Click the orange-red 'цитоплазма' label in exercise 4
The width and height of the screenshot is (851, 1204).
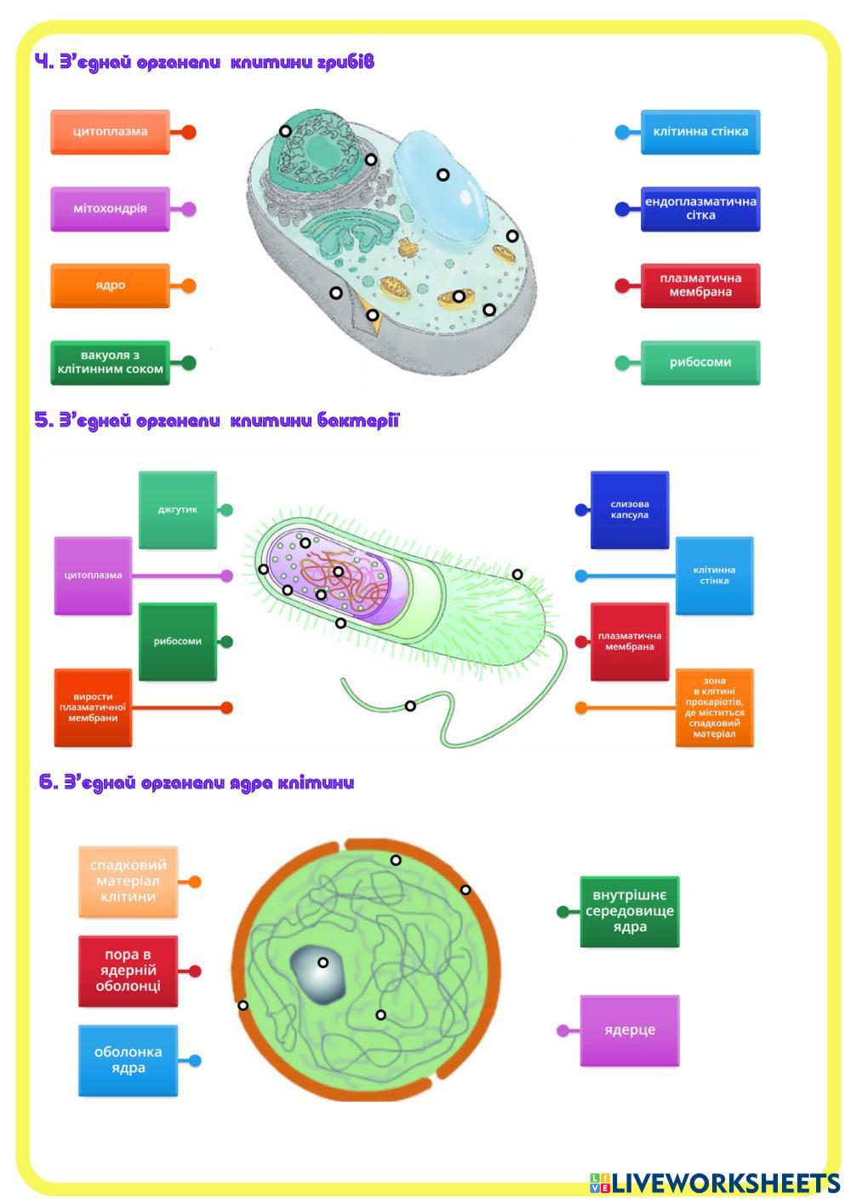click(x=110, y=132)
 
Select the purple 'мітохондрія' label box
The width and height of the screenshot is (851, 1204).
click(x=110, y=209)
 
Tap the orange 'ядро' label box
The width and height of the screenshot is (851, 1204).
click(x=110, y=285)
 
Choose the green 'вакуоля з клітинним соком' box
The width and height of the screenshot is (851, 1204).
click(x=110, y=363)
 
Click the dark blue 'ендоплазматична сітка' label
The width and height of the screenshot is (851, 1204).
click(x=700, y=209)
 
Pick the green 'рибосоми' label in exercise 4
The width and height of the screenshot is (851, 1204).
click(x=700, y=363)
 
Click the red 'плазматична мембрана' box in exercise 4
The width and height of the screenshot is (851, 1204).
click(x=700, y=285)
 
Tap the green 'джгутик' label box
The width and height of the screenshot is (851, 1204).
click(x=178, y=510)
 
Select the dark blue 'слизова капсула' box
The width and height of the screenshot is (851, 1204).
click(x=630, y=510)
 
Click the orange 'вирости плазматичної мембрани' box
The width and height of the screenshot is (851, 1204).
click(x=93, y=708)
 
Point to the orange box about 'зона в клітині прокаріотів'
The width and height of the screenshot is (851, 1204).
click(x=715, y=708)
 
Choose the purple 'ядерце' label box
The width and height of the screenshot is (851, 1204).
click(x=630, y=1030)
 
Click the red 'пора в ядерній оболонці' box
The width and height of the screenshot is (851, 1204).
click(x=128, y=972)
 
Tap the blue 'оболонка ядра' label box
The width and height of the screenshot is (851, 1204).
click(x=128, y=1060)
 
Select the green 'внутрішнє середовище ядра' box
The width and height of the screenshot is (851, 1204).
click(x=630, y=912)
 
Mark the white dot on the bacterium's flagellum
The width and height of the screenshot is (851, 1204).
click(x=410, y=706)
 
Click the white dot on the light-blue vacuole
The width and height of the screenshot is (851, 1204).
click(x=443, y=175)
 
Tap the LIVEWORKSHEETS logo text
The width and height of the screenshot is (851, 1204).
click(x=724, y=1183)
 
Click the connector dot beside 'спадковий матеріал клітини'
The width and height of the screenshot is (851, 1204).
click(x=195, y=882)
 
